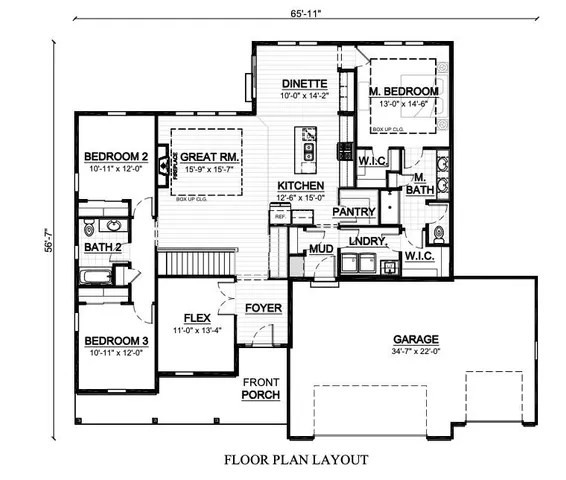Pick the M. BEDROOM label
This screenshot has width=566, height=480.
[404, 92]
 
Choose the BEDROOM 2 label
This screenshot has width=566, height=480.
[116, 157]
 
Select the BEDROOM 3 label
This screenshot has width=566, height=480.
[116, 339]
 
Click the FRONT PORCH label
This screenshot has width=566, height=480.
[259, 387]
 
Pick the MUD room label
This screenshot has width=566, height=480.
[320, 248]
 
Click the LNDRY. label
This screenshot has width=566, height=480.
[367, 241]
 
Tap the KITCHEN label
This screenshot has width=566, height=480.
[299, 187]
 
